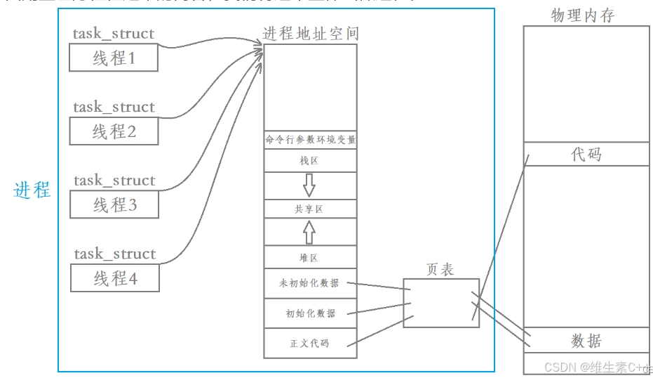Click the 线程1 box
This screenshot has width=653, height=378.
coord(114,58)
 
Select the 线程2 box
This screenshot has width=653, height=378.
coord(114,131)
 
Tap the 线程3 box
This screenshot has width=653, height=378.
coord(114,204)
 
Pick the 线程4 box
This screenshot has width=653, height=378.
coord(114,278)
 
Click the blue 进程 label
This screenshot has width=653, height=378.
coord(32,190)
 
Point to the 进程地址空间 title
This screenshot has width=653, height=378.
coord(311,34)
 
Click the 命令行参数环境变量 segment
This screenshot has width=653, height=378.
coord(310,140)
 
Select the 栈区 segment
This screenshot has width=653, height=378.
coord(309,161)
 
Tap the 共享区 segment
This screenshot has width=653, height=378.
coord(309,209)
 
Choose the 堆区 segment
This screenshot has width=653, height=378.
coord(309,258)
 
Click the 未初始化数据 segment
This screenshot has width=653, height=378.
coord(309,283)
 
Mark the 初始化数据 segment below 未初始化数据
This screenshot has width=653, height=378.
coord(310,313)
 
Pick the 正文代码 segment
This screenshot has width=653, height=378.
coord(309,344)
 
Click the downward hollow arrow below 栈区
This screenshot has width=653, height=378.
coord(309,184)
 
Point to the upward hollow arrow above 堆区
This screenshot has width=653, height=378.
coord(309,231)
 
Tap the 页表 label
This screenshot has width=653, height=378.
coord(440,269)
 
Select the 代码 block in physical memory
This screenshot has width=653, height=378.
coord(586,154)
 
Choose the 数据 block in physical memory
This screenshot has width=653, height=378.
coord(586,341)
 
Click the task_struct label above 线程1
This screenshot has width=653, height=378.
coord(114,34)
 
